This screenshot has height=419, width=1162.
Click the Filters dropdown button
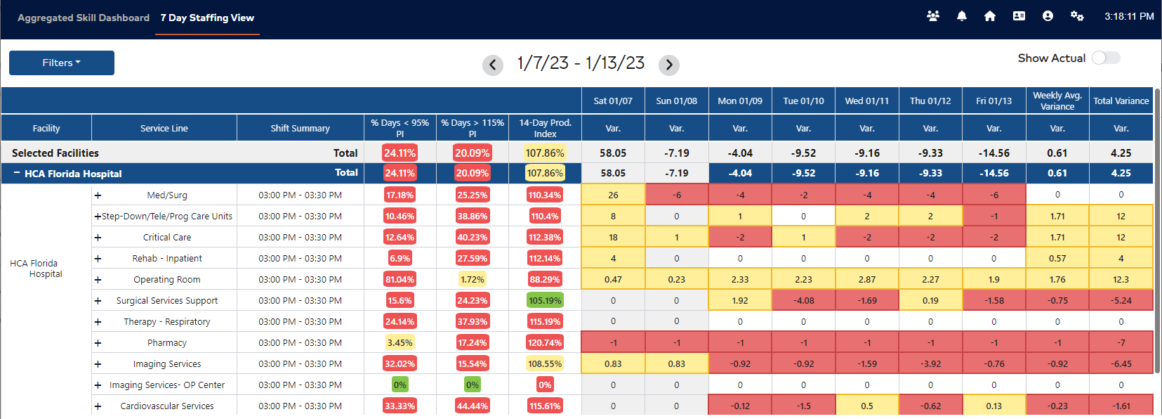(62, 63)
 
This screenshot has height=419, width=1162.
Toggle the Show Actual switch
(1106, 58)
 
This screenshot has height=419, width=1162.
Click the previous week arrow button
(493, 65)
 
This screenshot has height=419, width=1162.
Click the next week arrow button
(669, 65)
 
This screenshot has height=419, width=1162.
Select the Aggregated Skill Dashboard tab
(84, 18)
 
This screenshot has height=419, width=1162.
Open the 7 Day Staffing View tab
(207, 18)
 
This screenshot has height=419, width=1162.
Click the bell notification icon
(962, 16)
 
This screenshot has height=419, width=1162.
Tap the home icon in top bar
(990, 16)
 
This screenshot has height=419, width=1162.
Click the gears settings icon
(1077, 16)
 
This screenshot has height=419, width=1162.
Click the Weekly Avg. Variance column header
(1057, 101)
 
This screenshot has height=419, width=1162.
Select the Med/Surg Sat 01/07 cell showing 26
(613, 195)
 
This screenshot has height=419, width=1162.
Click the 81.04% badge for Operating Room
(400, 279)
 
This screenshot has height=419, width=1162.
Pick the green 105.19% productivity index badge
(545, 300)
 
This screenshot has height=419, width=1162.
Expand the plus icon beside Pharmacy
(98, 343)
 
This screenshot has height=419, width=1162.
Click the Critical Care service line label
(167, 237)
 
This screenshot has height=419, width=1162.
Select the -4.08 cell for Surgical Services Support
(803, 300)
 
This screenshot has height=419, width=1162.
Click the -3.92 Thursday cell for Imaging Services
(930, 363)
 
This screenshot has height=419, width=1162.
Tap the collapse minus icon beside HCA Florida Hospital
(17, 173)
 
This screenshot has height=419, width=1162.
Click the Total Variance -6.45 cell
(1121, 363)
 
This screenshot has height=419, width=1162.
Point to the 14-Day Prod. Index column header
(545, 128)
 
